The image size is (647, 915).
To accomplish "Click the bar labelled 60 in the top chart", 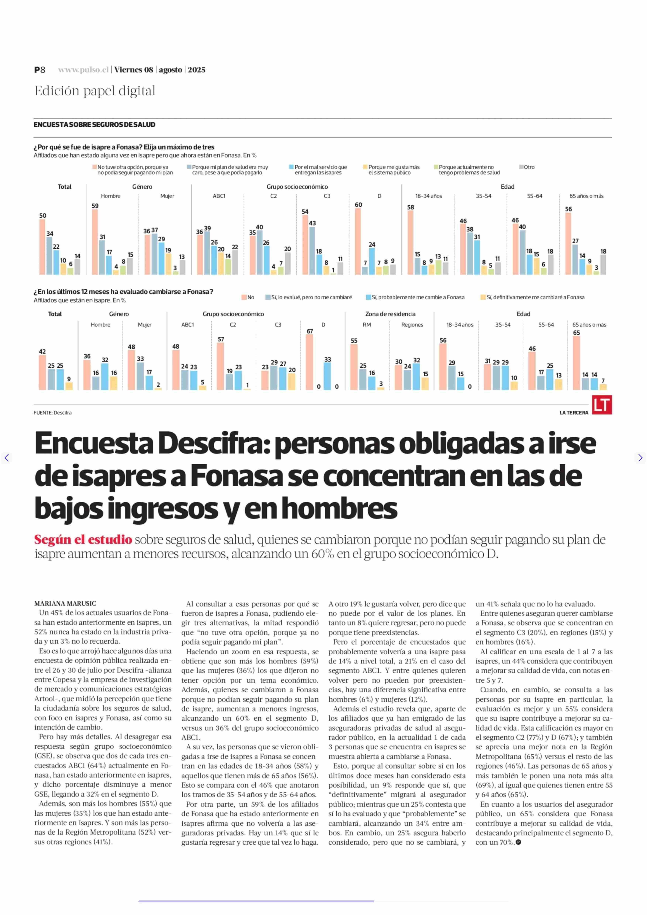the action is [358, 241].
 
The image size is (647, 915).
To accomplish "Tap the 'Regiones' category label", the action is [412, 325].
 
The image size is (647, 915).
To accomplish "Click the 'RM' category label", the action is [366, 325].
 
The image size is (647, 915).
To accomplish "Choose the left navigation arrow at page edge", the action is [6, 458].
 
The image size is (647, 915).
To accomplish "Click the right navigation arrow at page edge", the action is [640, 458].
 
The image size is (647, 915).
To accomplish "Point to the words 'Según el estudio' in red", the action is [83, 539].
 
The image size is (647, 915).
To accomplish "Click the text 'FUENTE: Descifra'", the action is [53, 413].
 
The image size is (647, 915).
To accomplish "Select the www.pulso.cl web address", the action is [83, 70].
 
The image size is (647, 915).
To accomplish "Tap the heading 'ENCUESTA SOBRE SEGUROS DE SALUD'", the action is [94, 124].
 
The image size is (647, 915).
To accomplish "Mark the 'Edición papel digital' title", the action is [95, 91].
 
